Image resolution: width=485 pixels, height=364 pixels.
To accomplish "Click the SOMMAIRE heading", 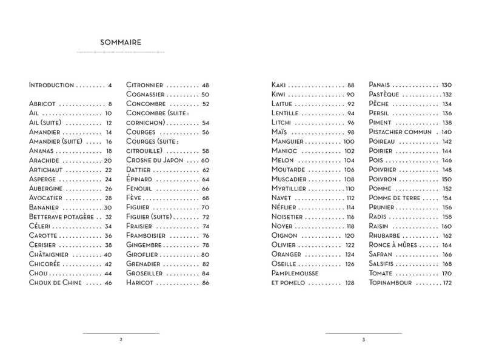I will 121,42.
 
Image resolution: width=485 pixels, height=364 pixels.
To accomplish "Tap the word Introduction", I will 52,85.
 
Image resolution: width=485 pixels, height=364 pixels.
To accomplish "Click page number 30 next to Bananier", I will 108,207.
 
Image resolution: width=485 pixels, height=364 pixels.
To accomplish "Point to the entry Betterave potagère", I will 61,217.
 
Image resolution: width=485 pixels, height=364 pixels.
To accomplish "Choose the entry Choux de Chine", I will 55,283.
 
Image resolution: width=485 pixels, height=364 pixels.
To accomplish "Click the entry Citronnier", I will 144,85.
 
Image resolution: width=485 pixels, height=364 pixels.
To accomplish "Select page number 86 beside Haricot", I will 206,283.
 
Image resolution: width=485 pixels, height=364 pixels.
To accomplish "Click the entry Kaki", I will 279,85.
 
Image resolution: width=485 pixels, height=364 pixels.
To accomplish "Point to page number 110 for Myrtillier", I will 350,189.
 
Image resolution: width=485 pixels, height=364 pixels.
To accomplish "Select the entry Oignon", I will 284,235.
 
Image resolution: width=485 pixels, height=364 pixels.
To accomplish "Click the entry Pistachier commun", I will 400,132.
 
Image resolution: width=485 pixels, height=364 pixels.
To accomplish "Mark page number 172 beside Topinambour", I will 447,283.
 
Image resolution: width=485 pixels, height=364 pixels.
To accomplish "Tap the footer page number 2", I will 121,340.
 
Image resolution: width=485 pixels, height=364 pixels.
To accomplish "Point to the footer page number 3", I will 363,340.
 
